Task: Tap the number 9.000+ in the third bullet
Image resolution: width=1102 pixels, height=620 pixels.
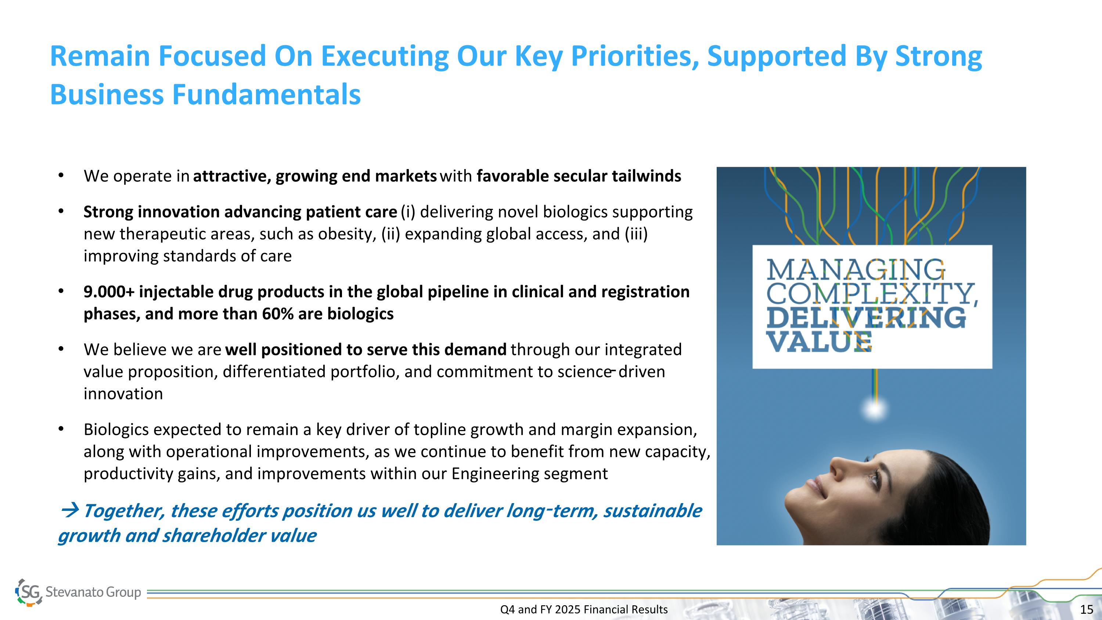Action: click(x=109, y=292)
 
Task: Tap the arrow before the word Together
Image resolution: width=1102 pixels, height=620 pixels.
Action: click(x=70, y=510)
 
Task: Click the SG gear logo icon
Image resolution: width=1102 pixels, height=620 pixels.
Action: click(x=29, y=592)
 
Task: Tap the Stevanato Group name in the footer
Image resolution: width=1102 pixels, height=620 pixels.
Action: click(x=93, y=592)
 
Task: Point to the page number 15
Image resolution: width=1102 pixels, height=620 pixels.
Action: click(x=1087, y=609)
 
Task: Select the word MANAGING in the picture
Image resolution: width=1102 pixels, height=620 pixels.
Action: click(x=855, y=270)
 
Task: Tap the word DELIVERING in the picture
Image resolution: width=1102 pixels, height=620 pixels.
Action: click(x=866, y=318)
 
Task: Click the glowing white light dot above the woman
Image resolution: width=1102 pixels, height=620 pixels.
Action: click(x=875, y=409)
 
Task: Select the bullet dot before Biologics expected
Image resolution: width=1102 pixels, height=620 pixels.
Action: click(x=61, y=428)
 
